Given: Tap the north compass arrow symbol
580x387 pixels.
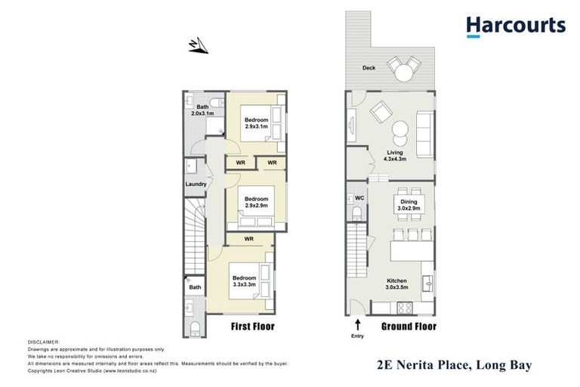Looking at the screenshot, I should [198, 47].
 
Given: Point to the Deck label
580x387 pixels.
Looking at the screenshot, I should [368, 68].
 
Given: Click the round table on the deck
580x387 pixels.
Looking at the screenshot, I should [406, 73].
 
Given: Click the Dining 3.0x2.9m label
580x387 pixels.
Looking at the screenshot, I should [409, 205].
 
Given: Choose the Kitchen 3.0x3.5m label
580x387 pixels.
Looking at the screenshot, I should [396, 283].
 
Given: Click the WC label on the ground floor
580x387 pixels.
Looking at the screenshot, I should [359, 199].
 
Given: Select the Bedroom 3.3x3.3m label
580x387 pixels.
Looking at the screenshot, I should [244, 281].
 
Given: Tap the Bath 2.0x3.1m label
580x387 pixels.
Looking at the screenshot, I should [202, 110].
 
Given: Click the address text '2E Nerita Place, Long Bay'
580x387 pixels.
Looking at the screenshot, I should [453, 366].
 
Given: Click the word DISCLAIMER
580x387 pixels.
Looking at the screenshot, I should [43, 342].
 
